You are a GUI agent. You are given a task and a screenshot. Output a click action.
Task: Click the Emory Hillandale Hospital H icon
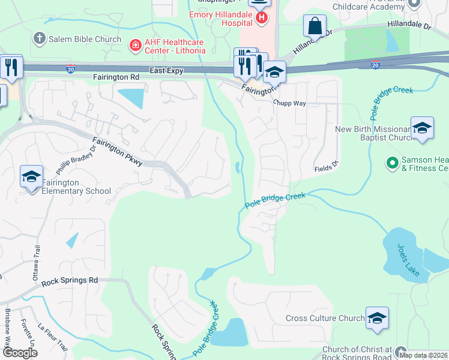click(x=262, y=19)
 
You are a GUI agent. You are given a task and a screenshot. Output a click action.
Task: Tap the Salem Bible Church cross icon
click(x=40, y=40)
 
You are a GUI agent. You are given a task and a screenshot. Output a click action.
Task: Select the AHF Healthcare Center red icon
click(x=136, y=45)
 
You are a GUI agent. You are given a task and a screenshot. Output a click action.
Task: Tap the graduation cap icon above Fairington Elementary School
click(x=31, y=176)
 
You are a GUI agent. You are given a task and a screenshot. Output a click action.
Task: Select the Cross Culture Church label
click(x=325, y=319)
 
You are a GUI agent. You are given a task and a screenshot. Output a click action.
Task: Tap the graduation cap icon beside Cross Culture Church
click(x=377, y=318)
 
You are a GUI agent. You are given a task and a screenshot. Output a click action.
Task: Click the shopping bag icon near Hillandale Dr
click(x=315, y=26)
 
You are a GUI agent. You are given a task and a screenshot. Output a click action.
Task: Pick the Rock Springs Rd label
click(x=70, y=280)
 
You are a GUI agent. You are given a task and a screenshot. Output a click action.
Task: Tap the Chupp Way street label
click(x=289, y=103)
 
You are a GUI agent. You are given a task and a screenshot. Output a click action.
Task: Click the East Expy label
click(x=166, y=70)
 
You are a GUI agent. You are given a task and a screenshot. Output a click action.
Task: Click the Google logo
click(x=20, y=353)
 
